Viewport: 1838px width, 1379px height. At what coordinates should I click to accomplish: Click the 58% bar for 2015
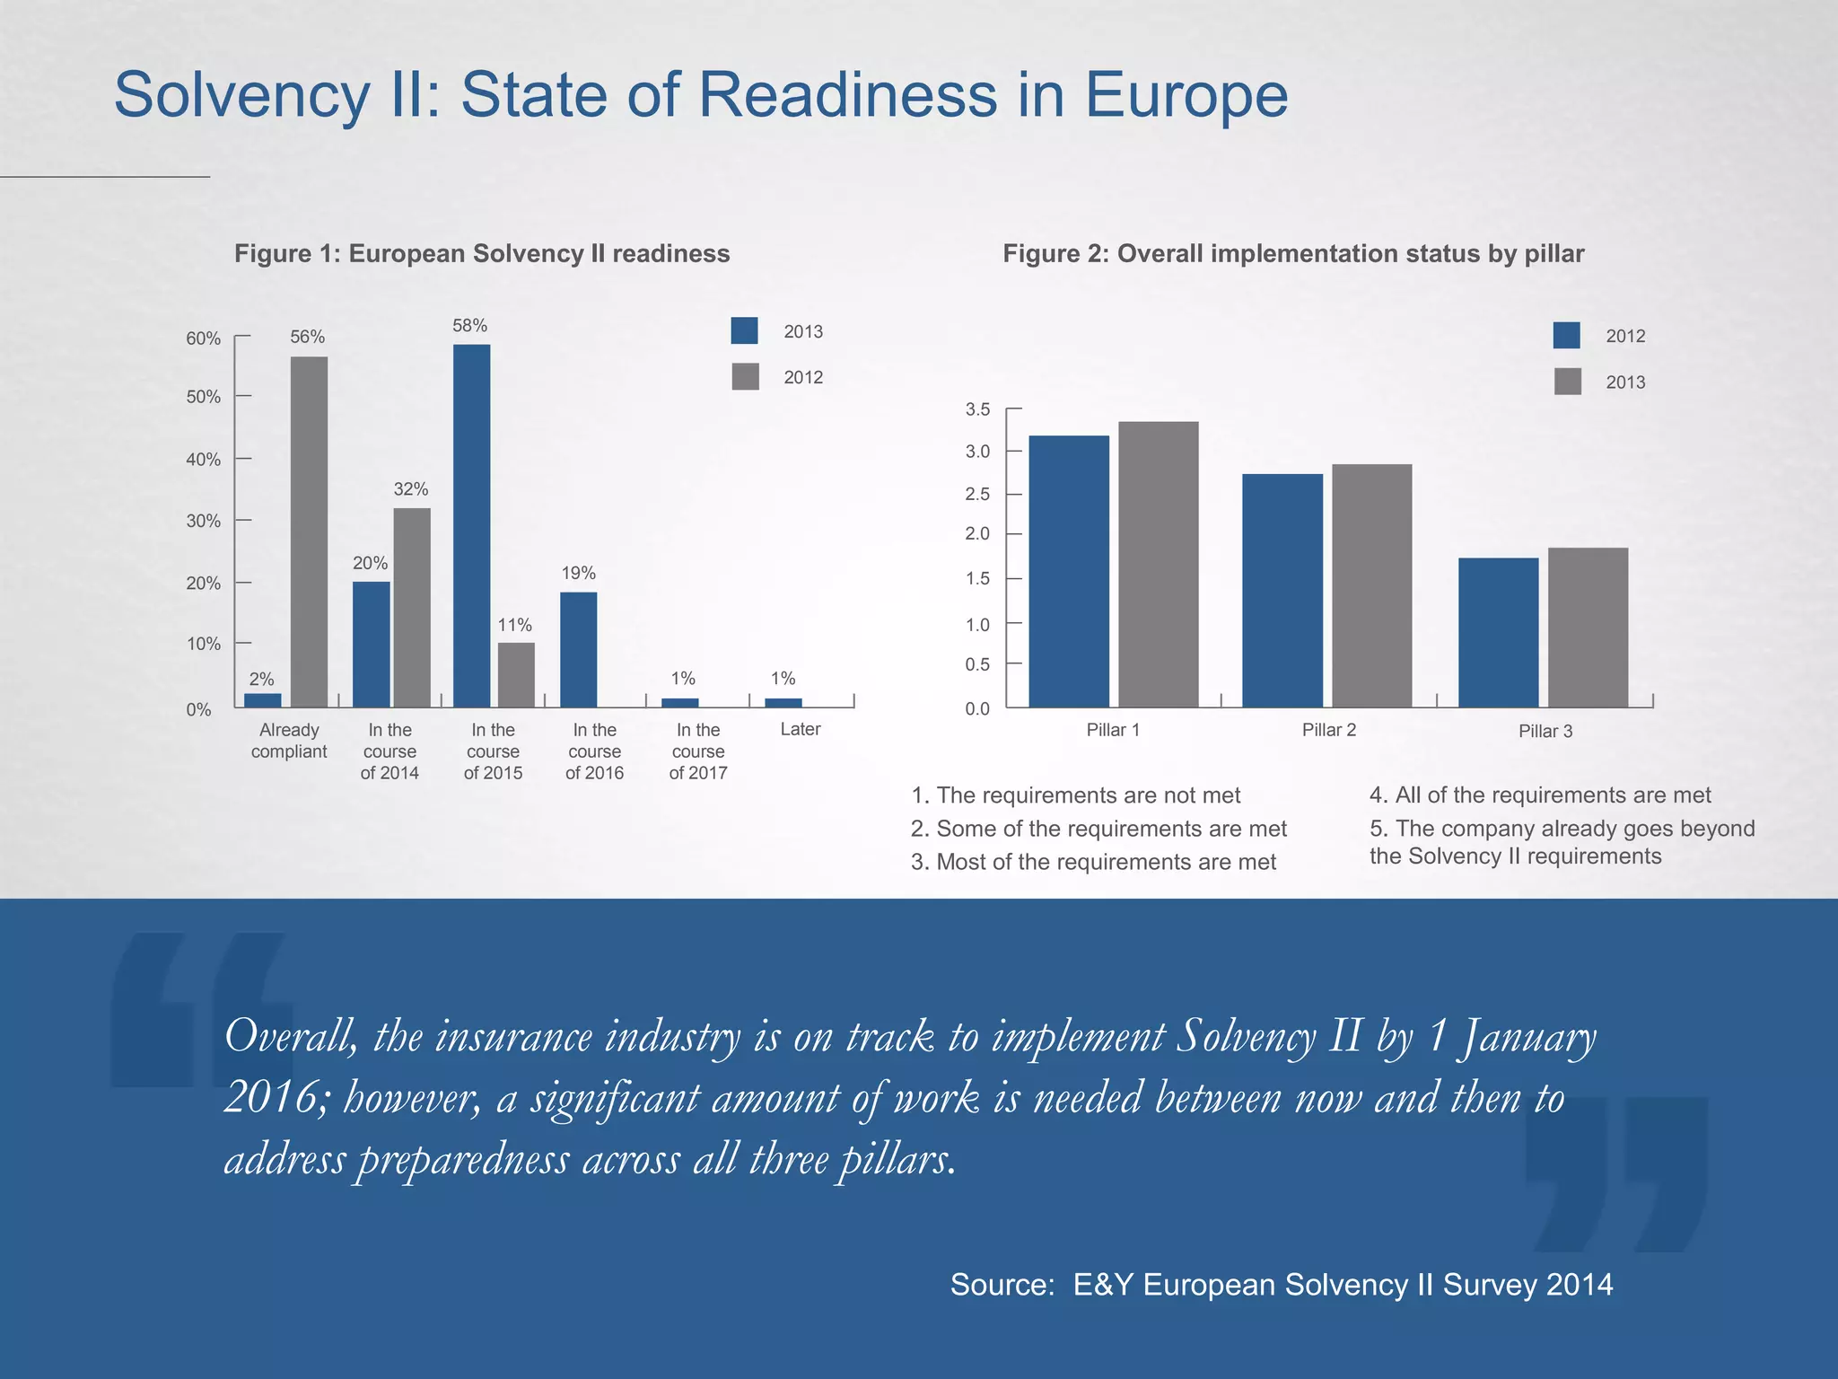pyautogui.click(x=471, y=525)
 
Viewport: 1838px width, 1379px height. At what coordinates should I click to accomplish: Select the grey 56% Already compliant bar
pyautogui.click(x=309, y=531)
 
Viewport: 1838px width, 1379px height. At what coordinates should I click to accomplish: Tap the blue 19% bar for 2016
pyautogui.click(x=578, y=649)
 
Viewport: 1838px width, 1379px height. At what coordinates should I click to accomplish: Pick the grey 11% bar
pyautogui.click(x=516, y=674)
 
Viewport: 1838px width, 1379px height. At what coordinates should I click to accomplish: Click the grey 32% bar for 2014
pyautogui.click(x=411, y=608)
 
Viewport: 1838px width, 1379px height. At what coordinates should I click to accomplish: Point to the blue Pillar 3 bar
pyautogui.click(x=1498, y=633)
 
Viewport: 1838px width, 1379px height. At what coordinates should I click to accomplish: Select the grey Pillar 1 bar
pyautogui.click(x=1158, y=564)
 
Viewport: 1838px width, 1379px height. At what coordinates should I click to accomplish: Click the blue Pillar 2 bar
pyautogui.click(x=1282, y=590)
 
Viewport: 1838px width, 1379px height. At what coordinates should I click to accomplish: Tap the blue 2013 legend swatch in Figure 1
pyautogui.click(x=744, y=331)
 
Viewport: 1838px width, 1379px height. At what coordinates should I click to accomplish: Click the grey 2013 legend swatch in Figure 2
pyautogui.click(x=1567, y=382)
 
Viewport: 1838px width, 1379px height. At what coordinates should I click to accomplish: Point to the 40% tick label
pyautogui.click(x=203, y=460)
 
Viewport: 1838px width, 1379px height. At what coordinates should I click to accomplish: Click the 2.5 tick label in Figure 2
pyautogui.click(x=977, y=494)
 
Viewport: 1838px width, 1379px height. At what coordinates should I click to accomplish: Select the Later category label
pyautogui.click(x=800, y=729)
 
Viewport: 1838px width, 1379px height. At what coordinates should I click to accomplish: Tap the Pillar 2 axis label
pyautogui.click(x=1328, y=730)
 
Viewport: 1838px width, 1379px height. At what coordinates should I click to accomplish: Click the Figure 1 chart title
pyautogui.click(x=482, y=254)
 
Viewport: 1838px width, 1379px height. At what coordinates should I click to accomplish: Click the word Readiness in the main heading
pyautogui.click(x=847, y=94)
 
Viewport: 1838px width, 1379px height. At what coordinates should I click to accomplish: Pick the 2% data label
pyautogui.click(x=261, y=680)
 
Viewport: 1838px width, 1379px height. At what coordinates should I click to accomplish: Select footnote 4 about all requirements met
pyautogui.click(x=1539, y=795)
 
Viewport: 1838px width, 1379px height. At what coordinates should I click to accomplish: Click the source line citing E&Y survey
pyautogui.click(x=1281, y=1285)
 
